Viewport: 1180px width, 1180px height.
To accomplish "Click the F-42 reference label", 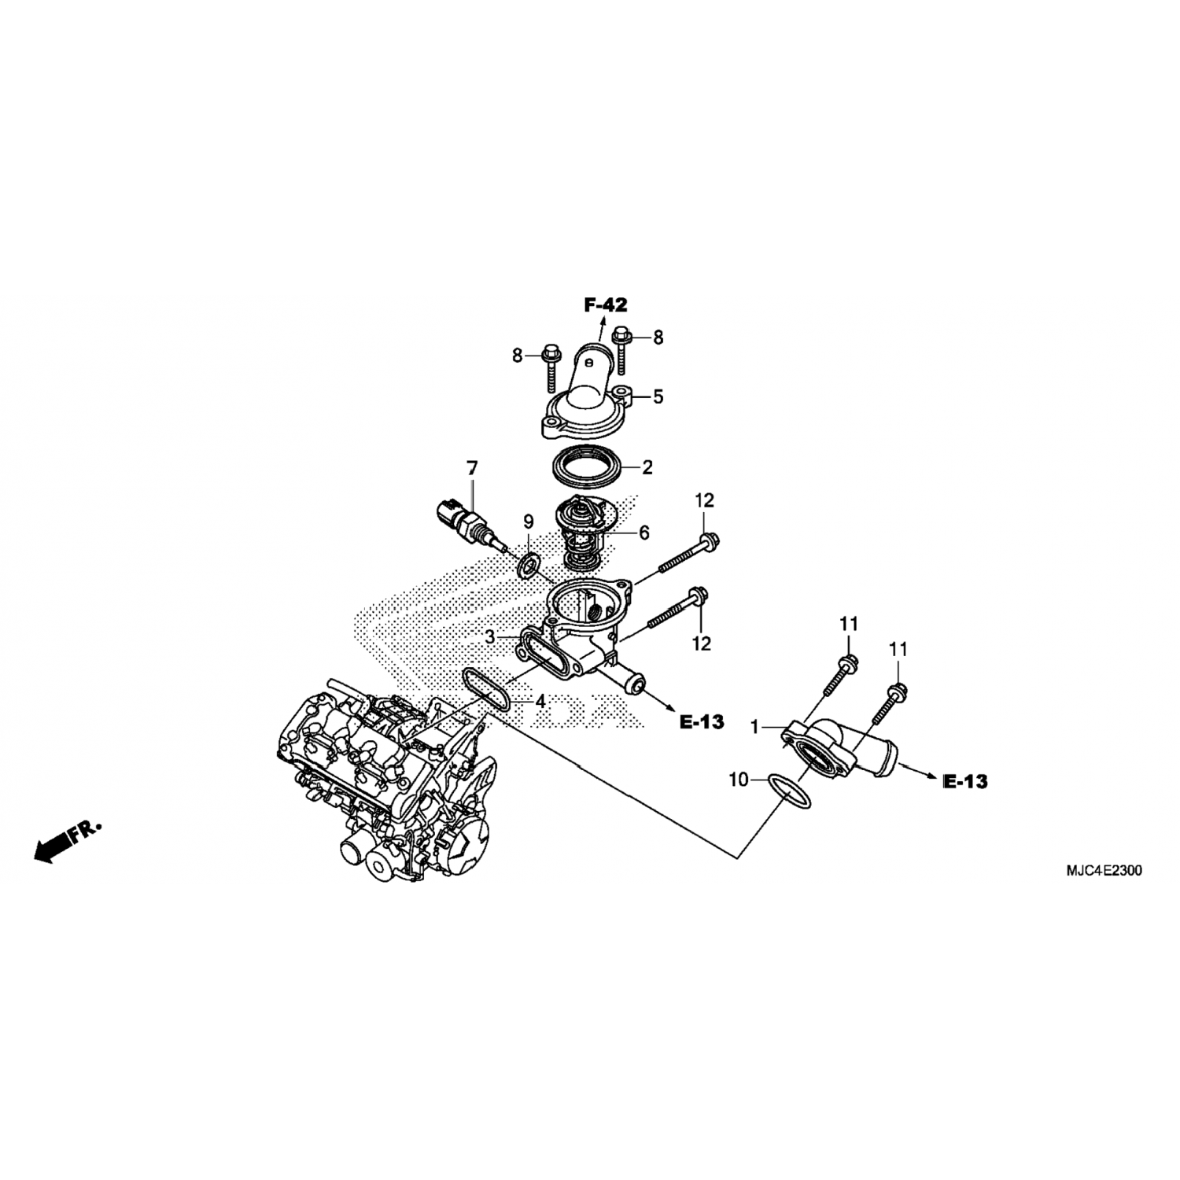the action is pyautogui.click(x=606, y=305).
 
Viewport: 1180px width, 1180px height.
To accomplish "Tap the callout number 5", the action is pyautogui.click(x=658, y=396).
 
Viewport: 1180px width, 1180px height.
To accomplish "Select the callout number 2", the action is pyautogui.click(x=647, y=468).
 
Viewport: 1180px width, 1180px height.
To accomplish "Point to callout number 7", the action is pyautogui.click(x=472, y=469).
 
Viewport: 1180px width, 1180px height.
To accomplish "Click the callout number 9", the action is pyautogui.click(x=529, y=522).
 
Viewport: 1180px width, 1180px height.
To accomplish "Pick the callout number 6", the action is pyautogui.click(x=644, y=533).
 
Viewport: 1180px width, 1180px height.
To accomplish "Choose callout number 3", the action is pyautogui.click(x=489, y=637).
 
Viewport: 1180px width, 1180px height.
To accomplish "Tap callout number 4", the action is pyautogui.click(x=540, y=699).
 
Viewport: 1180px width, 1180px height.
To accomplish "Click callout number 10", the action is pyautogui.click(x=739, y=780).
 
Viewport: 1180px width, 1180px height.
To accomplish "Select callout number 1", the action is pyautogui.click(x=755, y=728).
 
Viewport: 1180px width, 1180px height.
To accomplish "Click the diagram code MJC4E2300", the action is pyautogui.click(x=1104, y=871).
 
